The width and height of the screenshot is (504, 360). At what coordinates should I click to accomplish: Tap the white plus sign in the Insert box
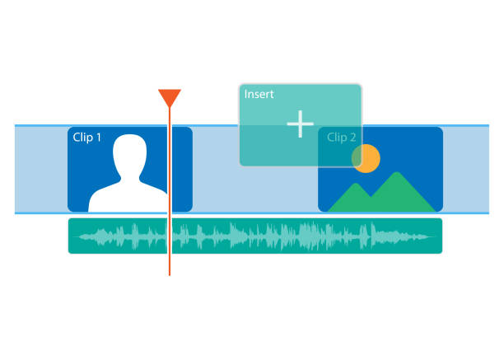click(301, 124)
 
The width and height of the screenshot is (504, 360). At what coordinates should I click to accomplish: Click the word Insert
click(259, 94)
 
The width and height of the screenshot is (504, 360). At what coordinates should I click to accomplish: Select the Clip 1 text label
click(87, 138)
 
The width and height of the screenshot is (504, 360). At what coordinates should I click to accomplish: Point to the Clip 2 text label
click(342, 138)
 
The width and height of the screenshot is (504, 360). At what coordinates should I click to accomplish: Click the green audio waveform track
click(255, 236)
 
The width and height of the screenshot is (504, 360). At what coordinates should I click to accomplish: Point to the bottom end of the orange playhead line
click(170, 274)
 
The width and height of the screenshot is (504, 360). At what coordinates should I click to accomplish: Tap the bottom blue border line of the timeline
click(247, 213)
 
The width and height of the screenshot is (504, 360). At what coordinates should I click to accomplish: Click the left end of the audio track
click(72, 236)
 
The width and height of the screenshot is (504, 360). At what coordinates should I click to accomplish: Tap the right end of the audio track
click(437, 236)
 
